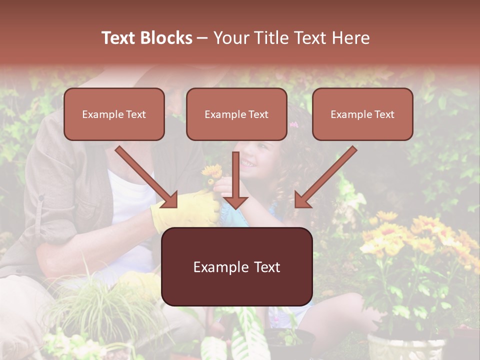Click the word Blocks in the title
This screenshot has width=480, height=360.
pyautogui.click(x=167, y=38)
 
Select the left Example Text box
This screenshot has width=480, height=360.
pyautogui.click(x=114, y=114)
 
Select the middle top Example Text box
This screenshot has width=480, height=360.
pyautogui.click(x=236, y=114)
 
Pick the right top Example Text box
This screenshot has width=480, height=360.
pyautogui.click(x=362, y=114)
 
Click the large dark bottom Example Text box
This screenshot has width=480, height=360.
pyautogui.click(x=236, y=266)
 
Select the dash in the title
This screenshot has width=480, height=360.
pyautogui.click(x=202, y=38)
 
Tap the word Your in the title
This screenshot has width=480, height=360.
pyautogui.click(x=231, y=38)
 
